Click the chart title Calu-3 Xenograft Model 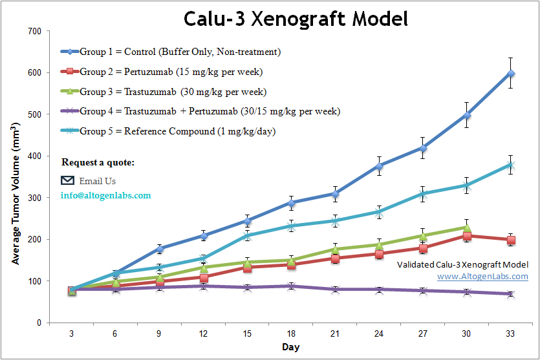coord(296,19)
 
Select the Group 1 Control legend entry coord(180,52)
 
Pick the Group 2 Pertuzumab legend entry coord(171,72)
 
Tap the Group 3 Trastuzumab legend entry coord(173,92)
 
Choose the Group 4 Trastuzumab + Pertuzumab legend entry coord(210,111)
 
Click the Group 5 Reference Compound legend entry coord(177,131)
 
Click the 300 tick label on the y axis coord(34,198)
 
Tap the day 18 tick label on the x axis coord(291,334)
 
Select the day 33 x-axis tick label coord(511,334)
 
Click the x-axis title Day coord(290,348)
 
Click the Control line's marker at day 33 coord(511,74)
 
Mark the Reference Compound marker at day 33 coord(511,165)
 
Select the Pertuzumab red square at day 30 coord(467,236)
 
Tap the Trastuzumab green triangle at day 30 coord(467,227)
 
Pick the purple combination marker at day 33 coord(511,294)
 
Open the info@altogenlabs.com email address coord(105,195)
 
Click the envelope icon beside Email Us coord(68,180)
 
